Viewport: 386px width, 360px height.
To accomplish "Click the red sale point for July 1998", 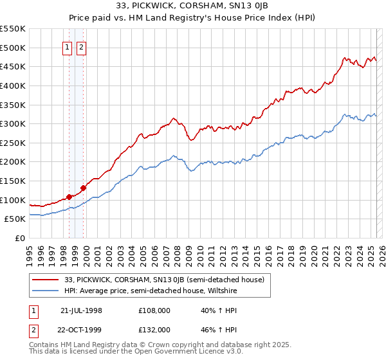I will coord(69,197).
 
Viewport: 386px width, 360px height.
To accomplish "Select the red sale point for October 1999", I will coord(83,188).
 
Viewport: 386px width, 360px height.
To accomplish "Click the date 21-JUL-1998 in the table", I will coord(82,310).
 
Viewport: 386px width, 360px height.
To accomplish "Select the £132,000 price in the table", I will coord(154,330).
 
